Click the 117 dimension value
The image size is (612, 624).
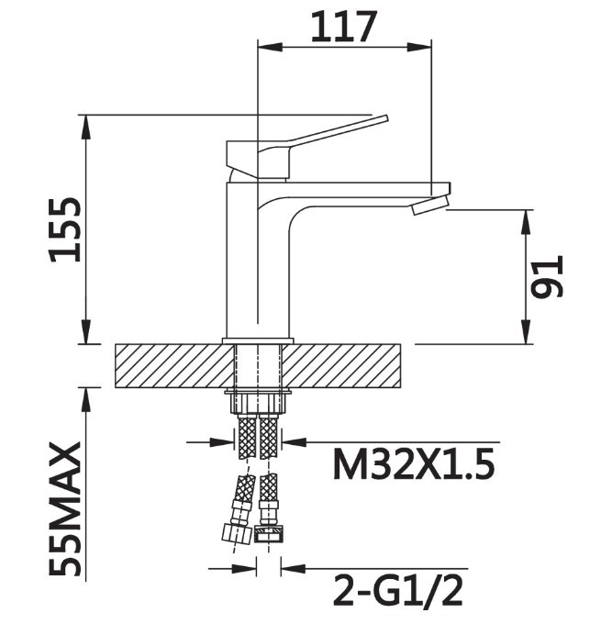(x=343, y=27)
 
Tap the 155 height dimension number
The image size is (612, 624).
(x=65, y=229)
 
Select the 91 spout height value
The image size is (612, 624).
(x=548, y=276)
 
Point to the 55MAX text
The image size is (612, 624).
(x=65, y=509)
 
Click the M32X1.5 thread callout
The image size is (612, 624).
(x=414, y=464)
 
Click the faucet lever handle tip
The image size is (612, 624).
(x=385, y=118)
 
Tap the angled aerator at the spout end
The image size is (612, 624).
(x=430, y=204)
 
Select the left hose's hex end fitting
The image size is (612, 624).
(x=237, y=534)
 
